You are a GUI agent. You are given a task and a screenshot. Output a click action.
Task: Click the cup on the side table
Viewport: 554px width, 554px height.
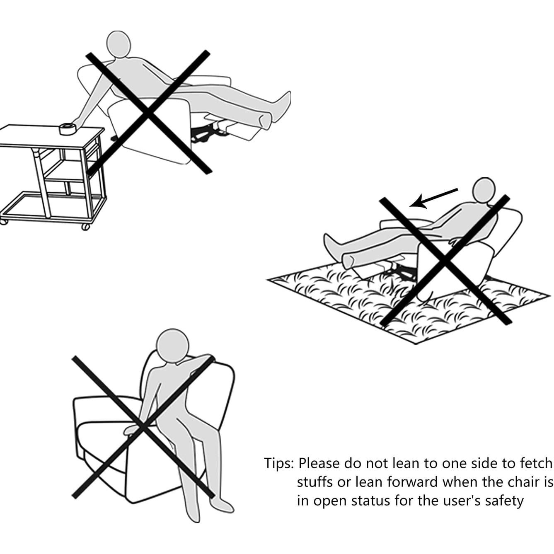click(x=66, y=128)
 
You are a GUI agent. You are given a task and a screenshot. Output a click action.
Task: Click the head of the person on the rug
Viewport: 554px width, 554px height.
click(x=484, y=190)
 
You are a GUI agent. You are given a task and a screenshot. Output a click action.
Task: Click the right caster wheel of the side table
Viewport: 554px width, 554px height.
click(x=85, y=227)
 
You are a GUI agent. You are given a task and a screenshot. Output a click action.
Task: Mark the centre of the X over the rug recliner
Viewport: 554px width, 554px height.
click(x=445, y=261)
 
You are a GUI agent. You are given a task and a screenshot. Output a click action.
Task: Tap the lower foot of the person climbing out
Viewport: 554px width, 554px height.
click(x=221, y=506)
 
